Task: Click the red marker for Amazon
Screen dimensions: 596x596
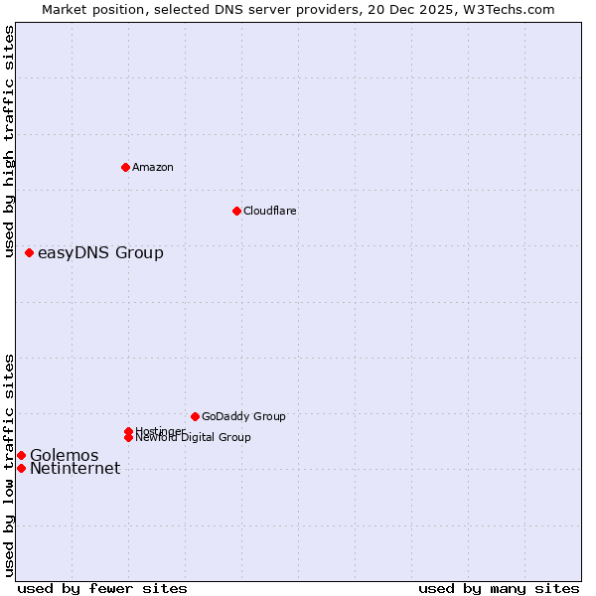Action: [x=125, y=167]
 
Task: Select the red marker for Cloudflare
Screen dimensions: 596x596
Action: [x=236, y=211]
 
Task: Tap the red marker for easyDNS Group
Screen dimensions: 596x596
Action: [x=29, y=252]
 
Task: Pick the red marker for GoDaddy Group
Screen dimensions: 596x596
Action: [x=195, y=416]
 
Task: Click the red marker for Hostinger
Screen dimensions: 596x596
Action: [x=128, y=431]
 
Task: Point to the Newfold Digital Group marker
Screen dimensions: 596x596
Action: [x=128, y=437]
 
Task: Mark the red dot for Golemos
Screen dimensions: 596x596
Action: [x=21, y=455]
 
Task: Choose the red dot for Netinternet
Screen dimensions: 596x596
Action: [x=21, y=468]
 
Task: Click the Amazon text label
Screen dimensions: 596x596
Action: [x=152, y=167]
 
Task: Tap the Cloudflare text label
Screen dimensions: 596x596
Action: [x=269, y=211]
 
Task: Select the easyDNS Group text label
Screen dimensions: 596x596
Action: [x=100, y=252]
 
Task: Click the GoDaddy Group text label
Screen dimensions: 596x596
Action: [x=243, y=416]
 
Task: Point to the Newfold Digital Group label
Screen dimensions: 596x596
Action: [x=193, y=437]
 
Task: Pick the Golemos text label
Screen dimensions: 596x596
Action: [x=64, y=455]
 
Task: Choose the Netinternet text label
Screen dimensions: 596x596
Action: [x=74, y=469]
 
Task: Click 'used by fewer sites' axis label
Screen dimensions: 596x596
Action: [x=102, y=588]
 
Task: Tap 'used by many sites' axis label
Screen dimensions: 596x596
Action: [x=499, y=588]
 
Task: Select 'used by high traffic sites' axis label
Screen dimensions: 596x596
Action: [x=9, y=141]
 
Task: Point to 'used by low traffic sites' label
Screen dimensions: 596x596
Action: [x=9, y=465]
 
